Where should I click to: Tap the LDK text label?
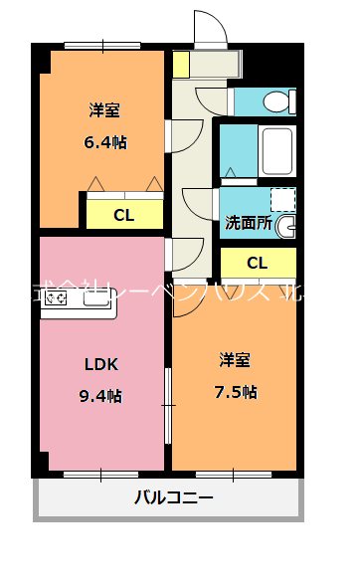click(100, 364)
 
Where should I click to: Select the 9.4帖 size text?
click(100, 395)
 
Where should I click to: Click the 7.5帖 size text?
click(236, 391)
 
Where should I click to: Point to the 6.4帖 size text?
click(104, 141)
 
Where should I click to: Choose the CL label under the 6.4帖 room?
click(123, 214)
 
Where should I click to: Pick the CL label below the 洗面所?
click(257, 263)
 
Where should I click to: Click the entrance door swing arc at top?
click(210, 27)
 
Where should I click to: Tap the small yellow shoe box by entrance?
click(181, 64)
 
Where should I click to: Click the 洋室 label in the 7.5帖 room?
click(236, 359)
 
